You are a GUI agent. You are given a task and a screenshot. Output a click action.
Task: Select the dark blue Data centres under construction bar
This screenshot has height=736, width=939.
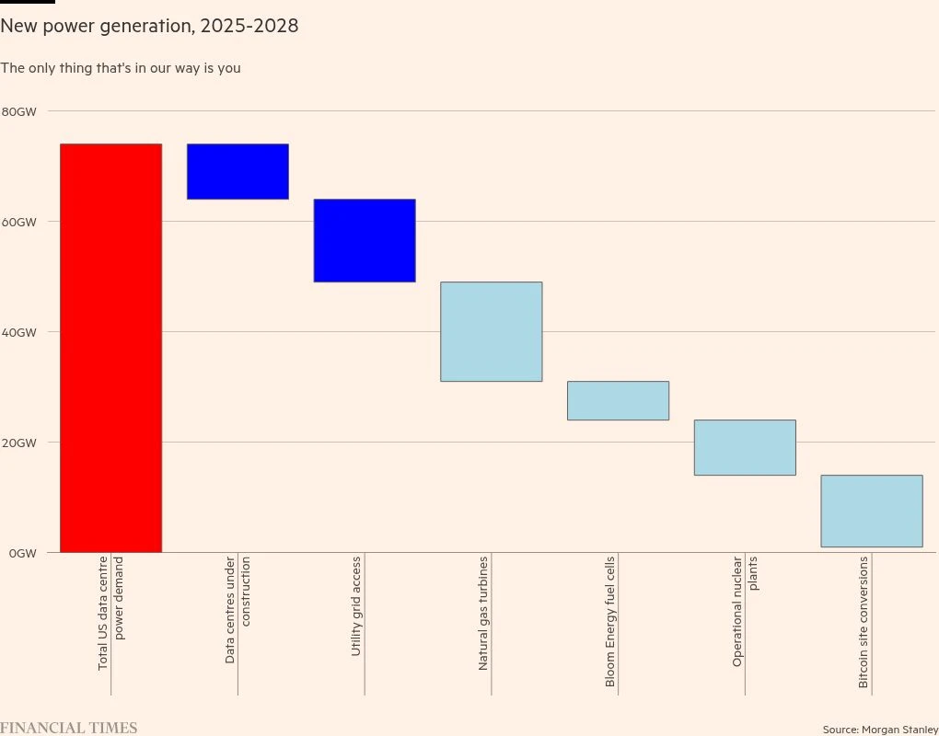click(238, 171)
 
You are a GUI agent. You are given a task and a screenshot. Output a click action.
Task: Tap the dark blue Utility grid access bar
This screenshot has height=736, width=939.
click(365, 240)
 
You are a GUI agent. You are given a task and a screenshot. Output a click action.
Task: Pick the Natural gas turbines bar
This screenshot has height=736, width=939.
click(492, 331)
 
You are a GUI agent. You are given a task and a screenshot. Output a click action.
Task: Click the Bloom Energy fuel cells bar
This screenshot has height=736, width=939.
click(618, 400)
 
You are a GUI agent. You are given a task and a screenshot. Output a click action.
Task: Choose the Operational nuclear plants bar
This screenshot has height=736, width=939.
click(745, 447)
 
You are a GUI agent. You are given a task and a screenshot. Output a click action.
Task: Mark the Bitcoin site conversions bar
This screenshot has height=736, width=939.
click(872, 511)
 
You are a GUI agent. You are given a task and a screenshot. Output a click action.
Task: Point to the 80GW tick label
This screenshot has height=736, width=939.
click(18, 111)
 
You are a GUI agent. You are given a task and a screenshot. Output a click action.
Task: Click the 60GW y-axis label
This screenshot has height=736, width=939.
click(18, 222)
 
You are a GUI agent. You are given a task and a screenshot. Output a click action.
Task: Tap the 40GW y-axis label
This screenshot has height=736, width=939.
click(18, 332)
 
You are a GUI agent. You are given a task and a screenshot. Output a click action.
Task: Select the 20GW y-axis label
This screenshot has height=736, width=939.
click(18, 443)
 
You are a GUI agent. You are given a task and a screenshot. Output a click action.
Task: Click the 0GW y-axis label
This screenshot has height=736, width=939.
click(22, 553)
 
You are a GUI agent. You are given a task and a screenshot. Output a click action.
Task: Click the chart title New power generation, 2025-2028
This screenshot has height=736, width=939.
click(149, 26)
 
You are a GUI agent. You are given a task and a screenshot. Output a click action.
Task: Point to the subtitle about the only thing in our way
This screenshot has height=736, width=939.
click(121, 68)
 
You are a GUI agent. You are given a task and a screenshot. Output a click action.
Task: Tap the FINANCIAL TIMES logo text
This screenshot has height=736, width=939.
click(69, 728)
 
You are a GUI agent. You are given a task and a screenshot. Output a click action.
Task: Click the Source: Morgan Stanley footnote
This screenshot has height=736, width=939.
click(880, 730)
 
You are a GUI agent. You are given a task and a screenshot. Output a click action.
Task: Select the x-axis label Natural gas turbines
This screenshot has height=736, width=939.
click(483, 613)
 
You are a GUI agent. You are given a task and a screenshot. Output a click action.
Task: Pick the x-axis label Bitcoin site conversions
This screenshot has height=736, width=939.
click(864, 622)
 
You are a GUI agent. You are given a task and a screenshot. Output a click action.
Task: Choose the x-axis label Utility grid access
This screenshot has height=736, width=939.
click(356, 604)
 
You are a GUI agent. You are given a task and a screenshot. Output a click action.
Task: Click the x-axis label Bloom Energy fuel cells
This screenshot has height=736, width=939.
click(609, 622)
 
